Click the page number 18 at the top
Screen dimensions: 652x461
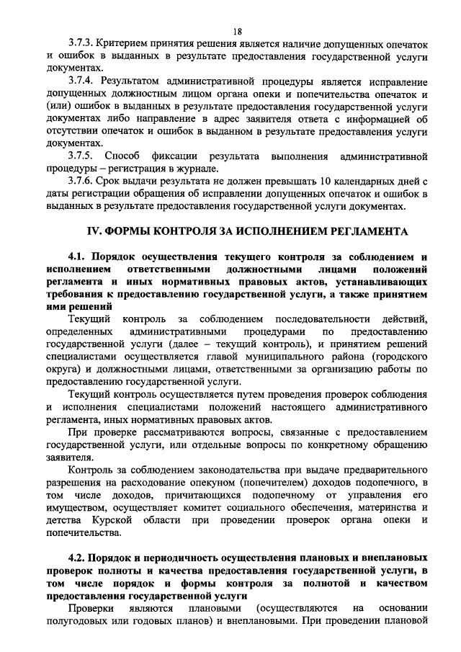point(237,31)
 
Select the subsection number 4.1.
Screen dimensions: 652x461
point(77,257)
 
